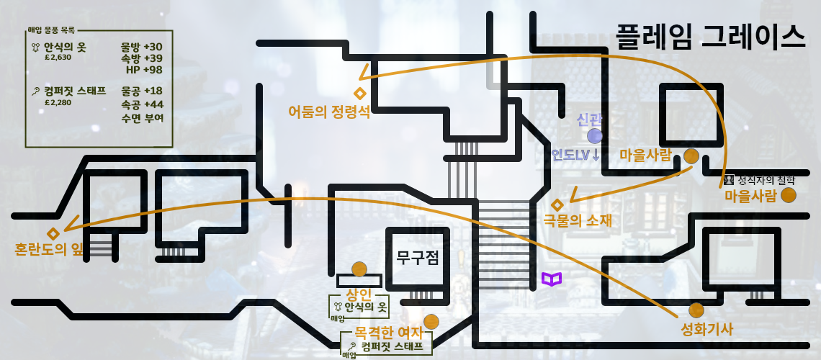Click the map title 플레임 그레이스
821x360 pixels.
[709, 36]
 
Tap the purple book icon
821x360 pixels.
[552, 279]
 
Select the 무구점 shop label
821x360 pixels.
[418, 258]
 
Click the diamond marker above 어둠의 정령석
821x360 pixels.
[359, 93]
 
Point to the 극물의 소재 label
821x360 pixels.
[578, 221]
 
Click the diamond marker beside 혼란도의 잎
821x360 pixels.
[53, 233]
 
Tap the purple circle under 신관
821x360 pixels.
[595, 136]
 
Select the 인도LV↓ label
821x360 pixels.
[576, 155]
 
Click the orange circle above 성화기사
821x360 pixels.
[696, 310]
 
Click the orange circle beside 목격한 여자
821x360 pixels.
[431, 321]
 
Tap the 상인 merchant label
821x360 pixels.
[359, 294]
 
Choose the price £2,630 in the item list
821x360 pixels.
[58, 58]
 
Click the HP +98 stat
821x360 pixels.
[144, 70]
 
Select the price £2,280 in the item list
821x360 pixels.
[58, 102]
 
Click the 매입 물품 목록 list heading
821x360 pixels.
[51, 30]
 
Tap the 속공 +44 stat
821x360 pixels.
[143, 104]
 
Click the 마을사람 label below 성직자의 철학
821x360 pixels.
[750, 196]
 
